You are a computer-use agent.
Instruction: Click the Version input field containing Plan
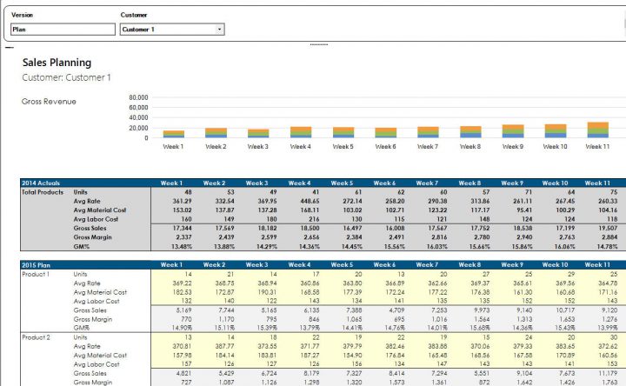63,30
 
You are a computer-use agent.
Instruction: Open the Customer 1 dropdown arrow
218,30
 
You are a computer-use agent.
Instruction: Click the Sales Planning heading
57,63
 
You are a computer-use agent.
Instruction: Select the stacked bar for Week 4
300,132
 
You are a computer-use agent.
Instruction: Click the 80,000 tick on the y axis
137,98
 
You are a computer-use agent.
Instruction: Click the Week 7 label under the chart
428,146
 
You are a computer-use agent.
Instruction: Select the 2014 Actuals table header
41,183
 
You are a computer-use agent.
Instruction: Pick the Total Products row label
43,191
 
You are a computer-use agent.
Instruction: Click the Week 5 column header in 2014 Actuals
343,183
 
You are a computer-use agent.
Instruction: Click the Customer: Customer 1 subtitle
66,77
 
